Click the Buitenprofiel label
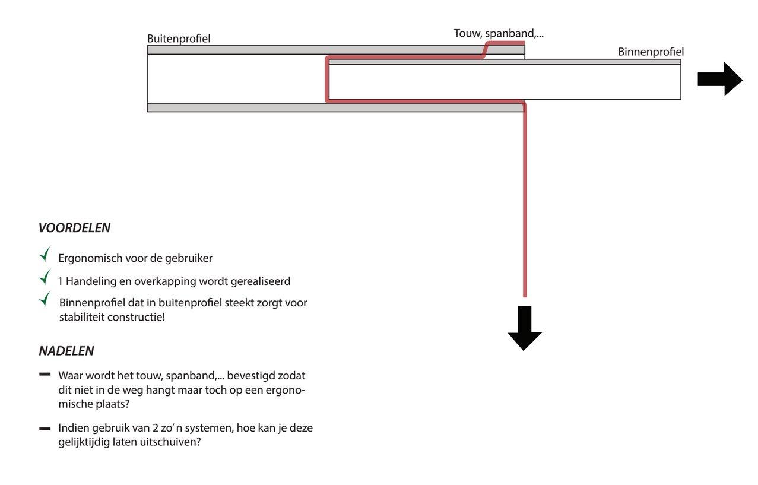click(179, 39)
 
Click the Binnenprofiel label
click(651, 52)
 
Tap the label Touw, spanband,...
click(498, 33)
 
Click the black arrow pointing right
click(719, 78)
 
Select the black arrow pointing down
click(525, 328)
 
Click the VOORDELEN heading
click(74, 228)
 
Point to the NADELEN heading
click(66, 351)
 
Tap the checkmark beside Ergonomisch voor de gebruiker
click(45, 255)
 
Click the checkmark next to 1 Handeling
click(45, 277)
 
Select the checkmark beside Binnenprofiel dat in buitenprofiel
click(45, 300)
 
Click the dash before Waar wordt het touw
click(45, 375)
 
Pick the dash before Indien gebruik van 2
click(45, 428)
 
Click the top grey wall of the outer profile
click(297, 50)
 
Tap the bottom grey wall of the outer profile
click(297, 107)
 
